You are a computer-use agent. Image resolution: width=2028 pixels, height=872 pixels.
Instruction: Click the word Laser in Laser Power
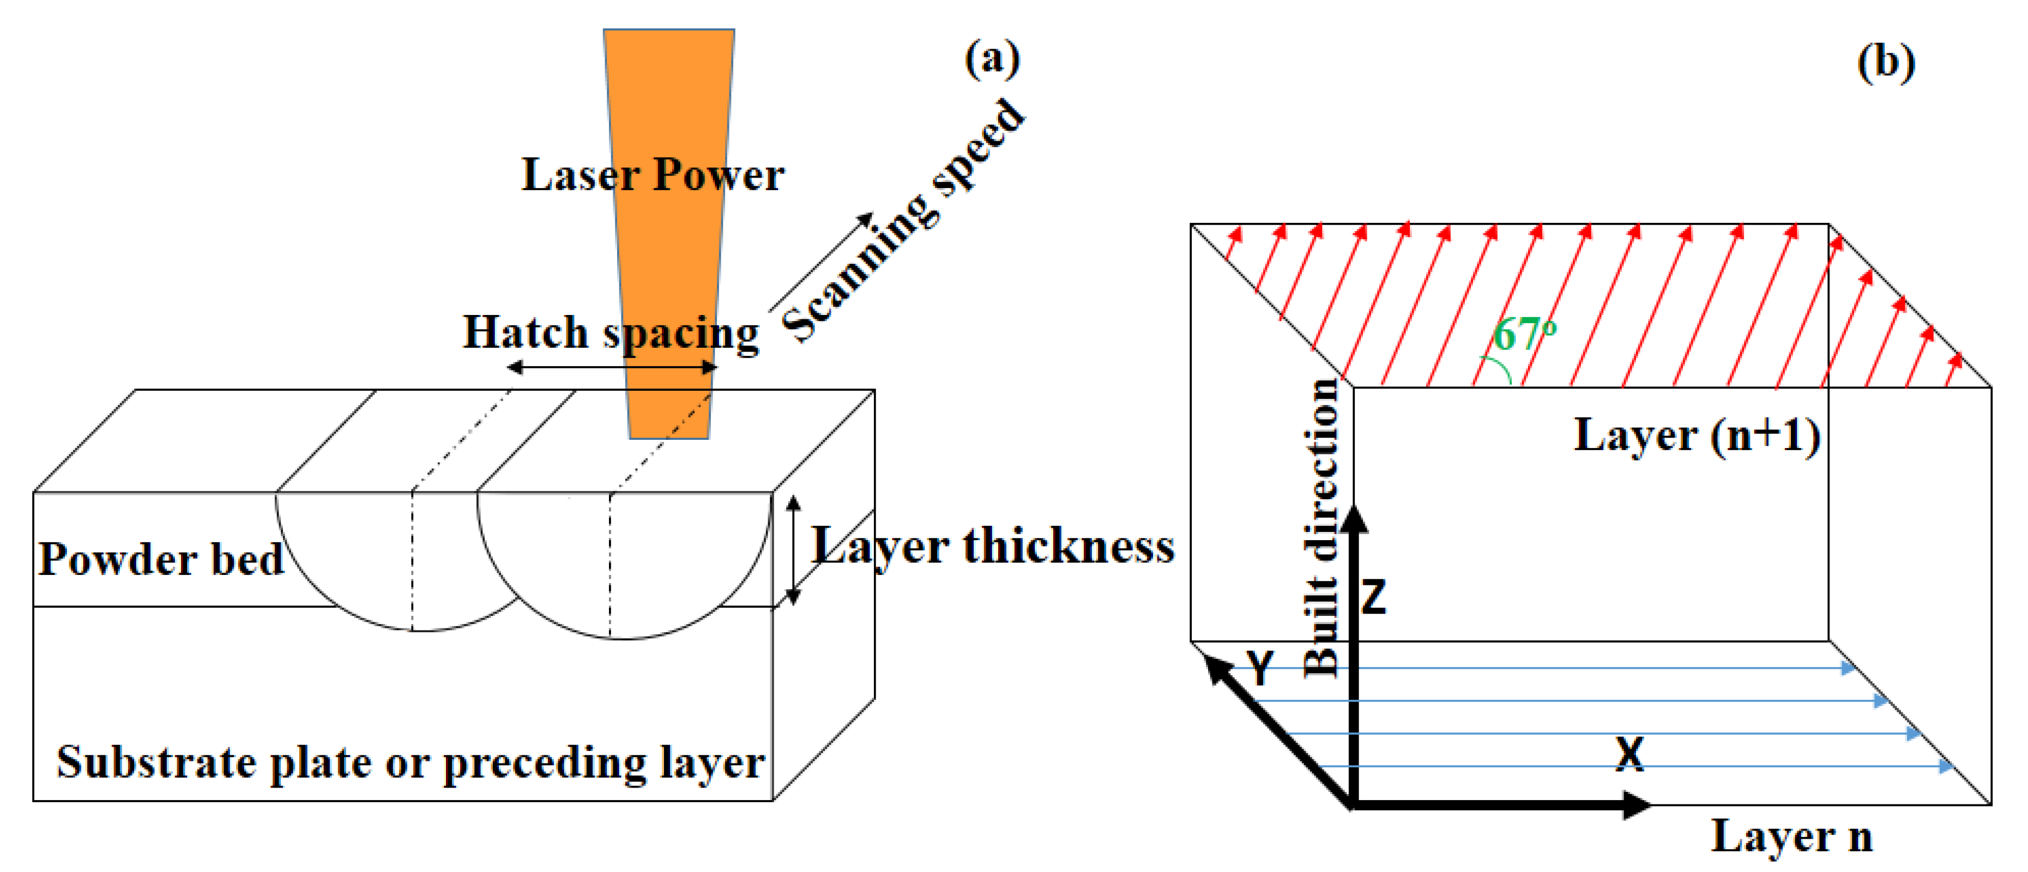click(578, 175)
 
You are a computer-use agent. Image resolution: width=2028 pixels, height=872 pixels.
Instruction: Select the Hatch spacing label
click(610, 333)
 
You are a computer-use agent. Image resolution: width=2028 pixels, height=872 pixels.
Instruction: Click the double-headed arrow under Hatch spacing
click(611, 367)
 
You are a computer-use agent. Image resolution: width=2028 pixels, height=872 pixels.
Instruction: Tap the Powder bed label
click(161, 560)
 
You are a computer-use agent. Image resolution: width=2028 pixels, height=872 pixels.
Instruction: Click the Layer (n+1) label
click(1697, 435)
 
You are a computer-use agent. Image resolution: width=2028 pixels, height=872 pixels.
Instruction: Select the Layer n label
click(1791, 836)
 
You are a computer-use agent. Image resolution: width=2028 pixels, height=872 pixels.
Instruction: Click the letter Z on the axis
click(1374, 597)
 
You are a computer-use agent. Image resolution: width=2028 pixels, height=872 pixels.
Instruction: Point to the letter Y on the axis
click(1260, 668)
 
